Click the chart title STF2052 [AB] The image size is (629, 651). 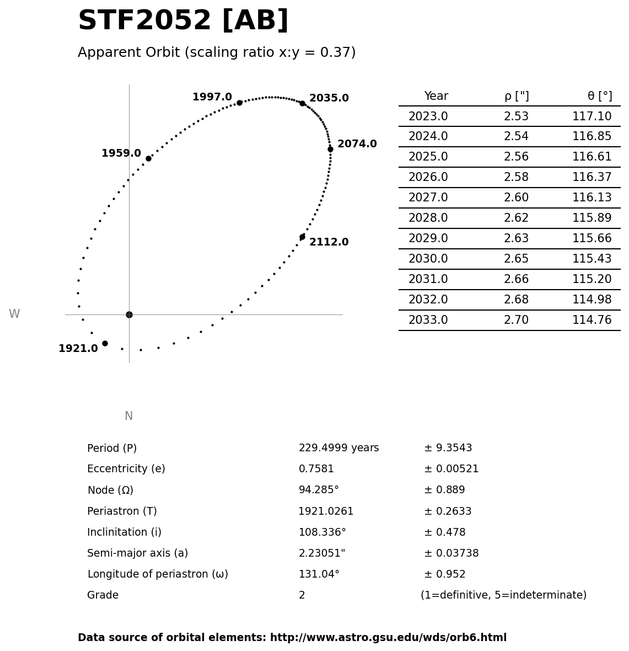coord(183,21)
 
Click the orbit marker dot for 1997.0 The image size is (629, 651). coord(239,103)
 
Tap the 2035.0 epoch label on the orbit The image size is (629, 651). coord(329,98)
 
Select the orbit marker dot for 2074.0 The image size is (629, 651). coord(330,149)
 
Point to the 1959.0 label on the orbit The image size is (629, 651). coord(121,153)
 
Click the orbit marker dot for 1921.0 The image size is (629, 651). coord(105,343)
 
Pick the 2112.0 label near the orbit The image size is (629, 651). coord(329,242)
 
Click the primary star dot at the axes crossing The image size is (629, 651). coord(129,314)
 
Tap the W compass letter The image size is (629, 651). coord(14,314)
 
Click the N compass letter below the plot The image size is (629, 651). coord(128,416)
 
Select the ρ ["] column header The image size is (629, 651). coord(517,97)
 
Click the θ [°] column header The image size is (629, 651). coord(599,97)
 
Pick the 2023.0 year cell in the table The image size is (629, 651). coord(428,116)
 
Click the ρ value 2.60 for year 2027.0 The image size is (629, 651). coord(516,198)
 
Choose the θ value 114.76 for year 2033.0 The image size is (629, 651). coord(592,320)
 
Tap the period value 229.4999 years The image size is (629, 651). coord(338,448)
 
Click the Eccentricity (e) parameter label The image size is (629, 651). coord(126,469)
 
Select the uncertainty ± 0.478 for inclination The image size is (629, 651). coord(444,532)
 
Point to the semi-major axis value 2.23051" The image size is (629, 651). coord(321,553)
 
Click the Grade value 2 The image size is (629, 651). coord(302,595)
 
